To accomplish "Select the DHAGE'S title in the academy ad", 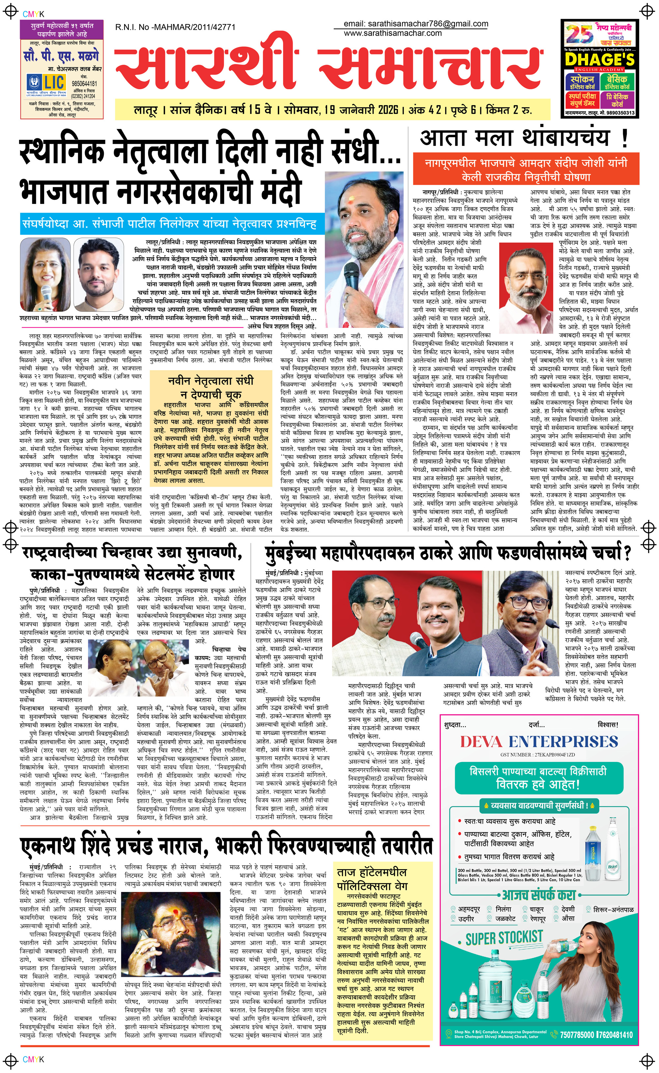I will click(599, 59).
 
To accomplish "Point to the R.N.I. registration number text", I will click(175, 27).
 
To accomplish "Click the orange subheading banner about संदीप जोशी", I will click(526, 170).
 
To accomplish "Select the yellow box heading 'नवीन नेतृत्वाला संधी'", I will click(211, 381).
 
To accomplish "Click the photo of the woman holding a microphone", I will click(45, 274).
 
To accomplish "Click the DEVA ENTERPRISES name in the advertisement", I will click(539, 742).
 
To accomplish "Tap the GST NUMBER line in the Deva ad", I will click(537, 755).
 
